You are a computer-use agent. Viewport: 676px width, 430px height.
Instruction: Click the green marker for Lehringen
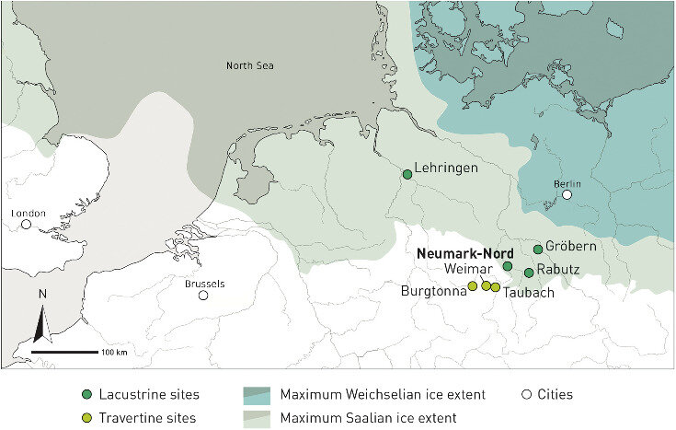[407, 174]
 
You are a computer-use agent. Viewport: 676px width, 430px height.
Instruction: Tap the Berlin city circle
[567, 195]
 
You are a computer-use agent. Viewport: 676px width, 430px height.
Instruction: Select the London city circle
[27, 224]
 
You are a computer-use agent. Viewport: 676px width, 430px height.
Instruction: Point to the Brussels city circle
[203, 296]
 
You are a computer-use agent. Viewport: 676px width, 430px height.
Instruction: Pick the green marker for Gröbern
[538, 250]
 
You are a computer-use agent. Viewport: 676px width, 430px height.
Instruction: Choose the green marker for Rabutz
[529, 273]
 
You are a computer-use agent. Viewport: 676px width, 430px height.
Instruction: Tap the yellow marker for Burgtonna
[473, 285]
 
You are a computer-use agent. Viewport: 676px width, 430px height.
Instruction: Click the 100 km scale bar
[65, 352]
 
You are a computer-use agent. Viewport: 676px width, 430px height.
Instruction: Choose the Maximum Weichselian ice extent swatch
[258, 394]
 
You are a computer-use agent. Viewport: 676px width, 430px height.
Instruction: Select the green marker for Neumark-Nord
[507, 266]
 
